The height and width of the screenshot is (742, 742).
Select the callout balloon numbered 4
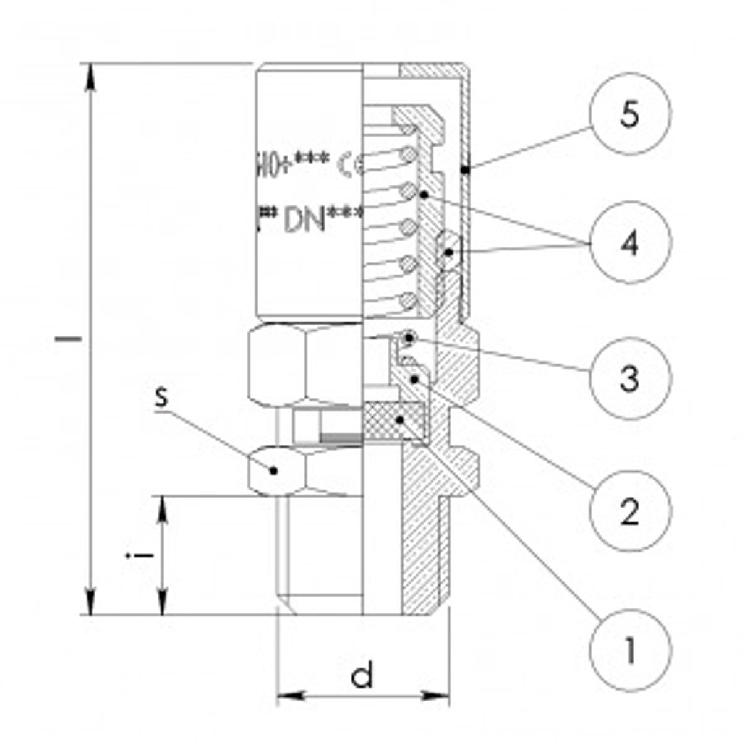[x=629, y=244]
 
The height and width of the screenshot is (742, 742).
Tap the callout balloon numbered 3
[x=629, y=377]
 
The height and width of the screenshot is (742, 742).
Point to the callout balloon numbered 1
[x=629, y=650]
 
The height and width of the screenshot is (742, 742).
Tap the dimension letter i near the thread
[x=142, y=555]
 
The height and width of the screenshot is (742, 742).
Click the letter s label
[x=161, y=397]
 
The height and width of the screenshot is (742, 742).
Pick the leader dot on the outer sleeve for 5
[x=469, y=168]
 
